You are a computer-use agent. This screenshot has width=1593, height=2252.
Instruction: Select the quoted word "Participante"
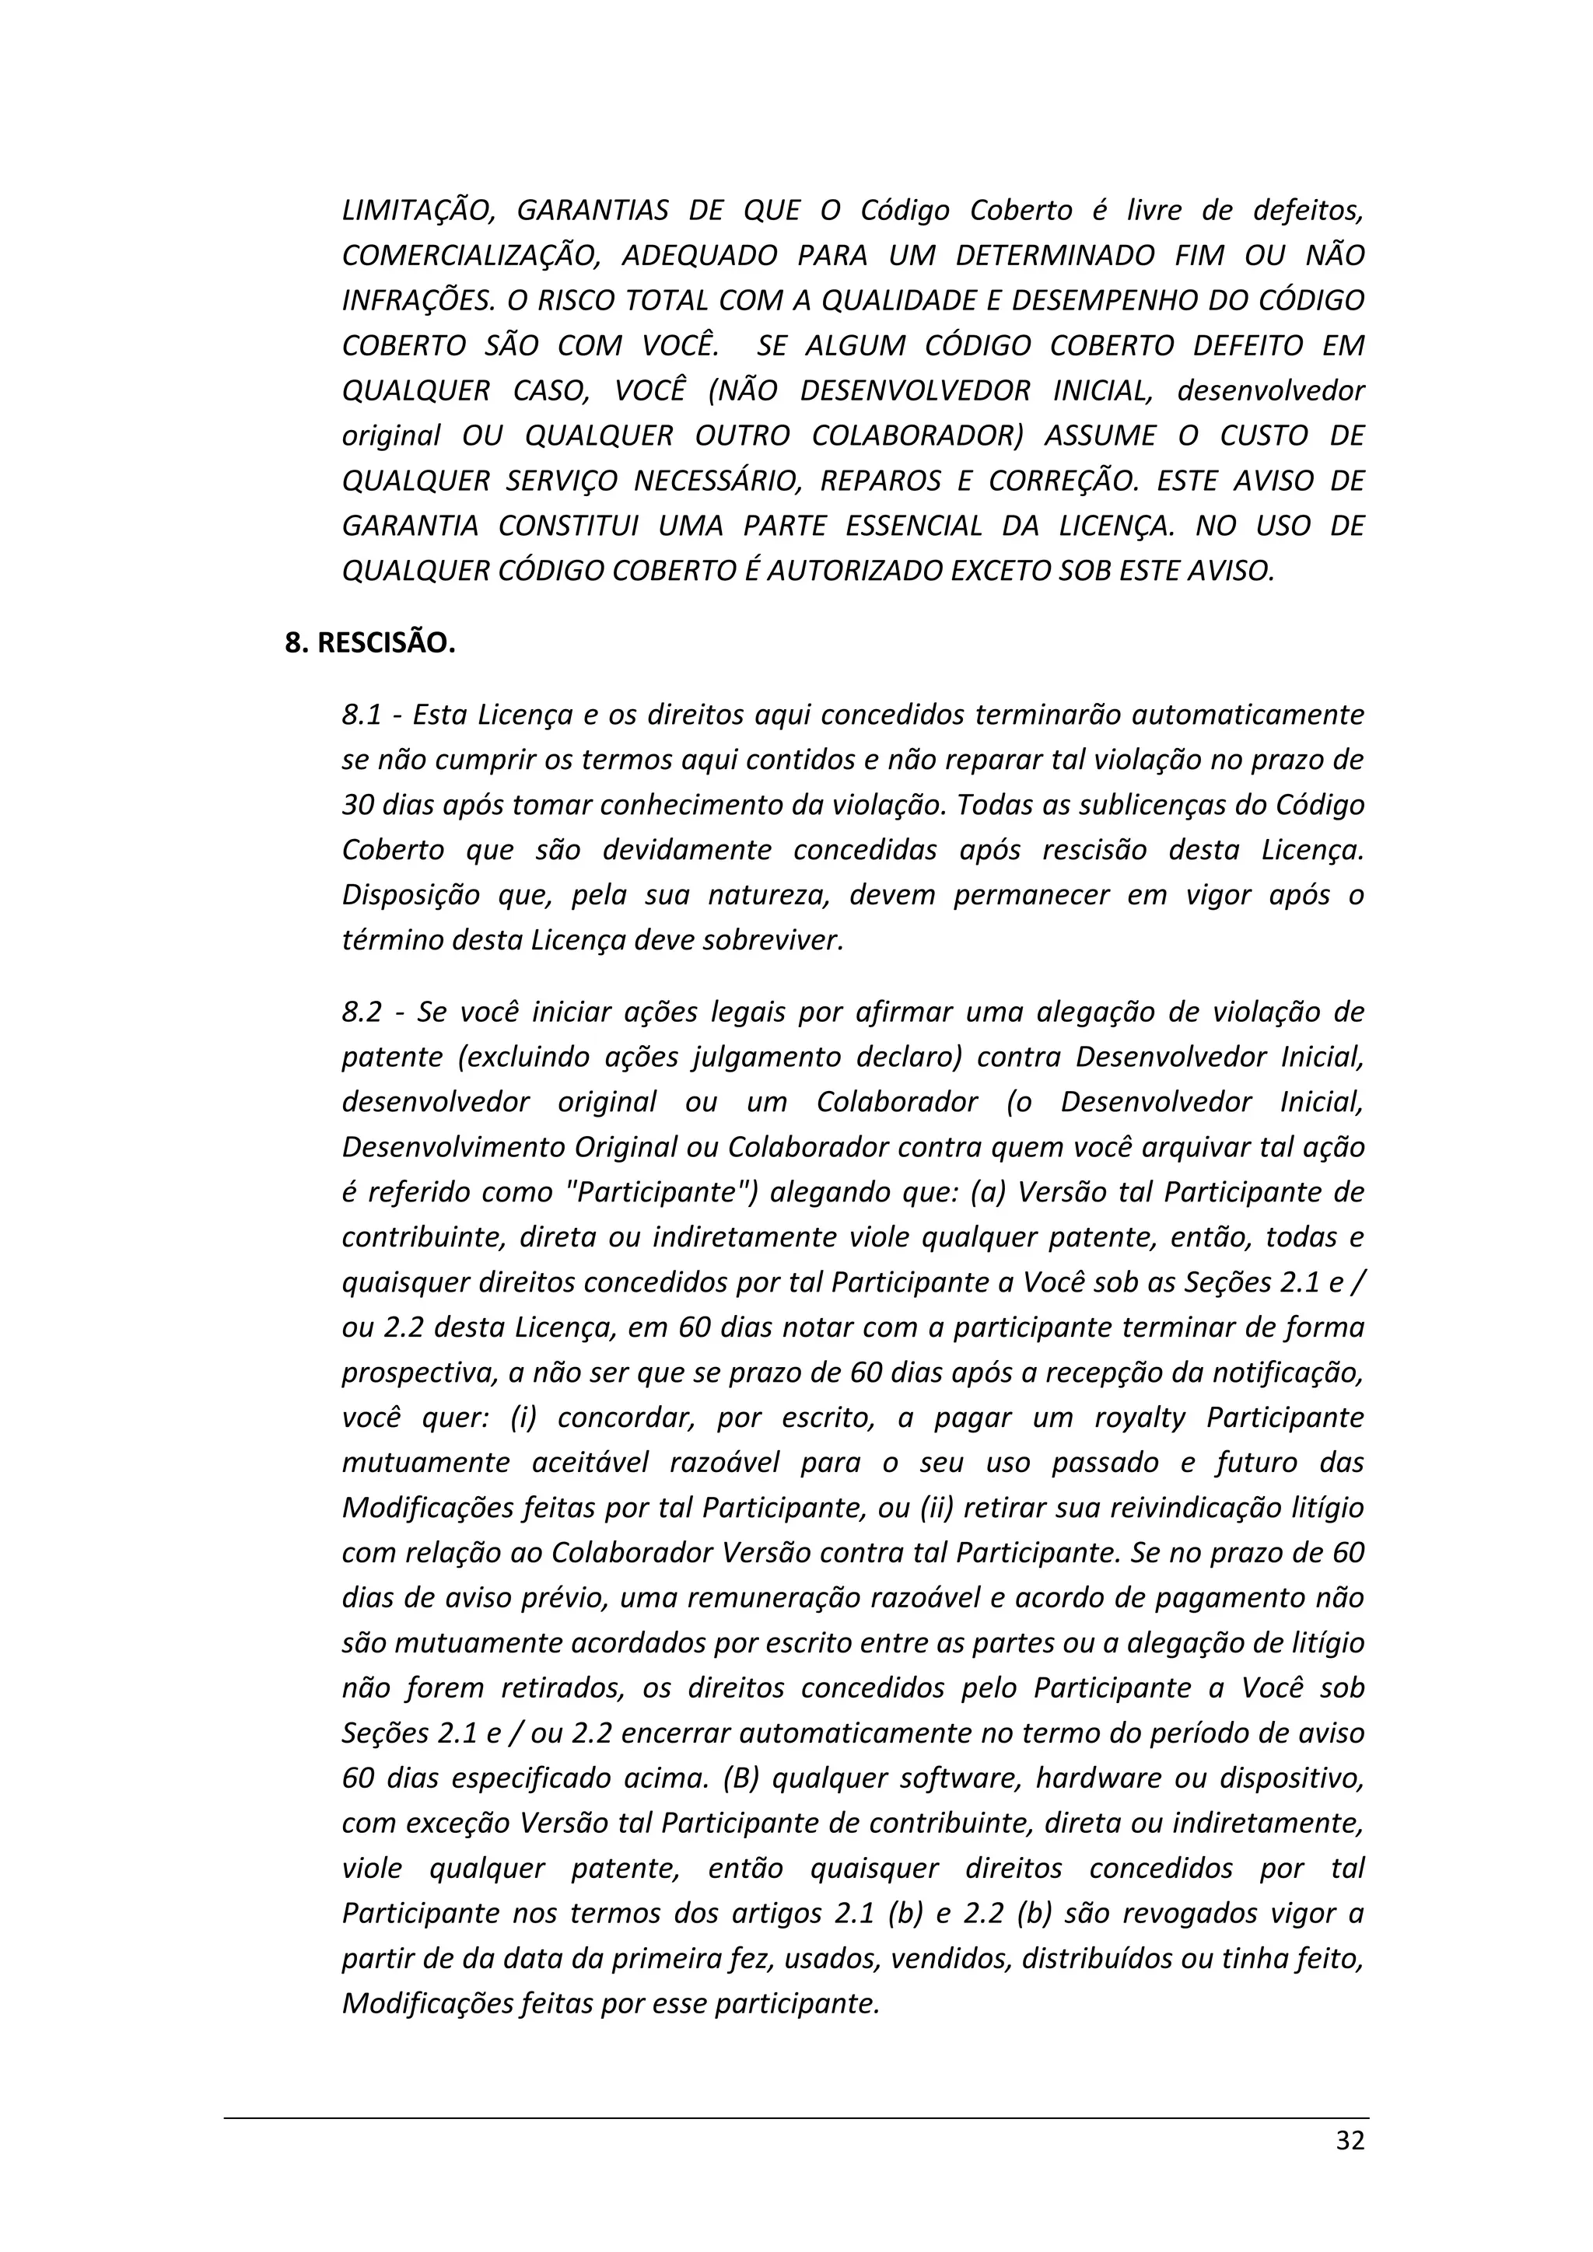(661, 1193)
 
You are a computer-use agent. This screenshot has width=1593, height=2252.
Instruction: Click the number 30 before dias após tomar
(355, 806)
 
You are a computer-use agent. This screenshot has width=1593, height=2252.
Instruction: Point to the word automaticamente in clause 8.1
(1248, 716)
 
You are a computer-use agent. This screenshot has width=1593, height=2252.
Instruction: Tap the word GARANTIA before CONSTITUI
(410, 526)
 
